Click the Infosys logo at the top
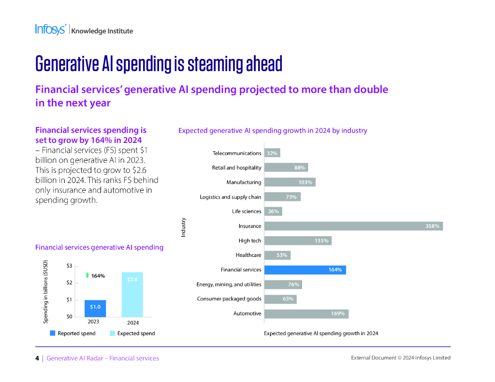point(50,29)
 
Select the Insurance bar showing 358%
point(353,226)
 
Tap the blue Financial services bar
point(305,270)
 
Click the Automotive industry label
point(247,313)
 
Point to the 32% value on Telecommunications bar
point(272,153)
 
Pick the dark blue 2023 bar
point(95,308)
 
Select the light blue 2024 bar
point(132,295)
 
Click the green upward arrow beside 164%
point(87,275)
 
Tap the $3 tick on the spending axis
point(69,266)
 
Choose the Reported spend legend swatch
point(52,333)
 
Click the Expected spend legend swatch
point(112,333)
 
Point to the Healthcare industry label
point(248,255)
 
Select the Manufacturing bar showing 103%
point(289,182)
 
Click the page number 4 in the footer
point(37,358)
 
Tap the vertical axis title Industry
point(183,227)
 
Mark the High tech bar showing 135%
point(297,241)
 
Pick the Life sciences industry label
point(247,212)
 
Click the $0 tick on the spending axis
point(69,316)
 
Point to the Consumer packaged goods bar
point(280,299)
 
